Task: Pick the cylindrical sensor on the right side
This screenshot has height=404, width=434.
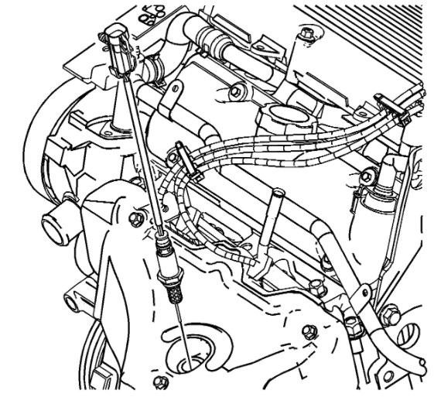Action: (384, 182)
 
